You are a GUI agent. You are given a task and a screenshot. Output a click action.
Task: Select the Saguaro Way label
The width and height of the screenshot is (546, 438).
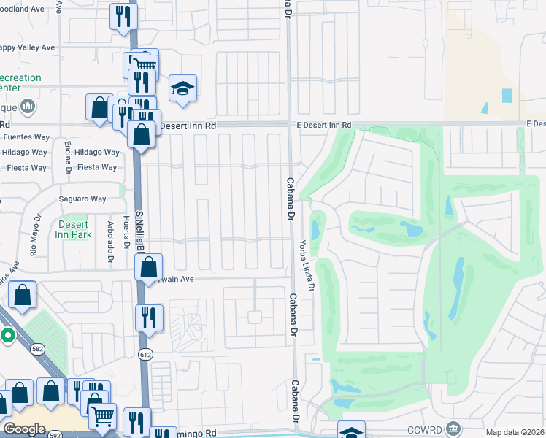(x=82, y=199)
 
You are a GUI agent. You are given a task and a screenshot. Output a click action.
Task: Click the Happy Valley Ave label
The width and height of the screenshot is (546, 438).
(x=27, y=47)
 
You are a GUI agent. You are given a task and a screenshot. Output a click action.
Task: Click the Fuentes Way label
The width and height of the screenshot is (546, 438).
(x=25, y=137)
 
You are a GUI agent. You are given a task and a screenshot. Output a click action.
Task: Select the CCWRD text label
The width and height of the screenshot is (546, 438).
(x=426, y=428)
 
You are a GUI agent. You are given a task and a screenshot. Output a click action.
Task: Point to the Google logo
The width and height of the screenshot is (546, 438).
(x=25, y=429)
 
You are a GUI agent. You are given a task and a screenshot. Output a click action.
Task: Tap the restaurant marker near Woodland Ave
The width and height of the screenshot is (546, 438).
(x=123, y=16)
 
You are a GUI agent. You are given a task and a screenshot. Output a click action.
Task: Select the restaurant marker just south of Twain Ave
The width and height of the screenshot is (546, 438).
(x=149, y=318)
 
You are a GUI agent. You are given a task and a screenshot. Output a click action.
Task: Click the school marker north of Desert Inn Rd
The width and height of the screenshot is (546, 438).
(x=182, y=89)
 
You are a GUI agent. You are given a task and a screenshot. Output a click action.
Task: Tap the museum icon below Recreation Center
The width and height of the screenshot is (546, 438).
(x=28, y=107)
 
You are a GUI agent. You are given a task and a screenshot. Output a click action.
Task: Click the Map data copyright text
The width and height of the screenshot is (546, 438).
(x=515, y=432)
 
